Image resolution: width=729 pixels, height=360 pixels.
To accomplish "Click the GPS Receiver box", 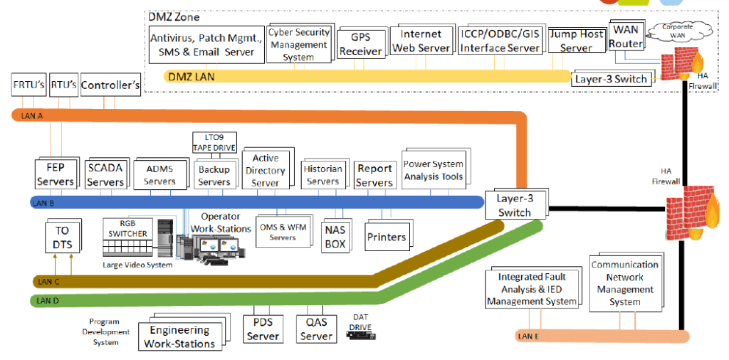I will [x=360, y=43].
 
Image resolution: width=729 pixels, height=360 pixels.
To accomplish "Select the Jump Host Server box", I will [x=575, y=41].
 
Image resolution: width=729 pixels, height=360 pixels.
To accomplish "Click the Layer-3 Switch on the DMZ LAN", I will [x=610, y=78].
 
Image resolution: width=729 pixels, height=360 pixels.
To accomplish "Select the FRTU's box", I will [x=28, y=86].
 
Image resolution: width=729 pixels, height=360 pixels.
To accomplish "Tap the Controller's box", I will [x=110, y=85].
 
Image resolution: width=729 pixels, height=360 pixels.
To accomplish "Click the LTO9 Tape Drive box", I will [x=214, y=142].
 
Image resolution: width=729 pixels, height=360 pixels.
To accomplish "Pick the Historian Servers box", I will [x=322, y=174].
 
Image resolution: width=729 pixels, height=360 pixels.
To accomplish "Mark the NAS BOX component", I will [x=335, y=237].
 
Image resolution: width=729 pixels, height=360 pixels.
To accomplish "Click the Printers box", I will [x=387, y=237].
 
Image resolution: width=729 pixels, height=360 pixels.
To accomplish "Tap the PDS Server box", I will [x=263, y=329].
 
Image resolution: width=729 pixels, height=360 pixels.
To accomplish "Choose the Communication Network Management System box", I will [x=624, y=283].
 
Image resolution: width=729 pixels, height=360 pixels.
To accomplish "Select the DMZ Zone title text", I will [x=174, y=16].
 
